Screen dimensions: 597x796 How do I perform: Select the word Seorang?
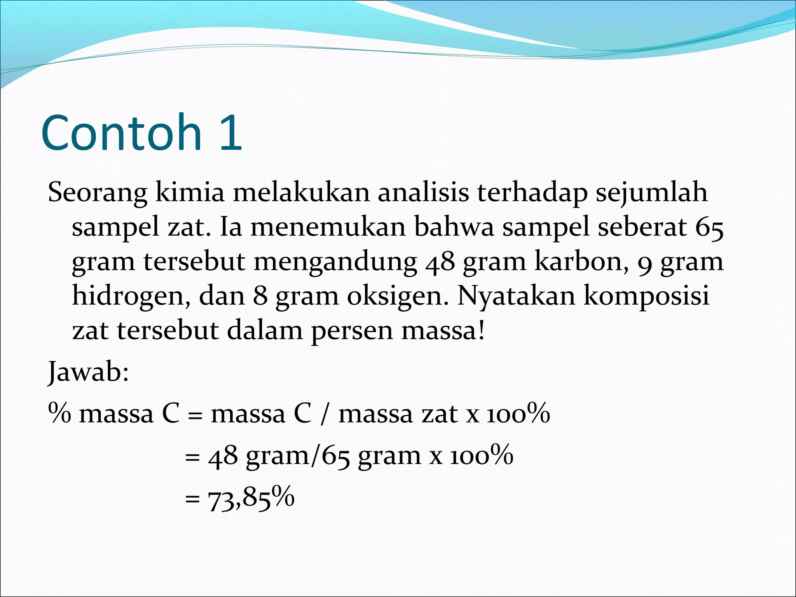tap(98, 193)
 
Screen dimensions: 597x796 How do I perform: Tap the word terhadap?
tap(532, 193)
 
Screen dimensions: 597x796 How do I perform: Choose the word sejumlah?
tap(652, 193)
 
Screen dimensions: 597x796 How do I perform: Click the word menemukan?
tap(328, 227)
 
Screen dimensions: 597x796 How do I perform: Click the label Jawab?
tap(88, 372)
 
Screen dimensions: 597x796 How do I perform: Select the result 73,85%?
tap(251, 498)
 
